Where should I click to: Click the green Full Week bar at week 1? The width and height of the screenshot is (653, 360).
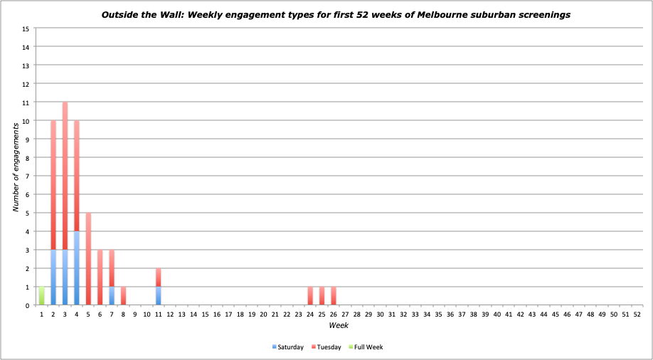pyautogui.click(x=41, y=296)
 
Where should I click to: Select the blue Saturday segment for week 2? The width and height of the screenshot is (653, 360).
pyautogui.click(x=53, y=277)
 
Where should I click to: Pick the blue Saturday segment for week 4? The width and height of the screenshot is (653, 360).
pyautogui.click(x=77, y=268)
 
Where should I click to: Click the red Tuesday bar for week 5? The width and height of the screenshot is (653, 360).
pyautogui.click(x=88, y=259)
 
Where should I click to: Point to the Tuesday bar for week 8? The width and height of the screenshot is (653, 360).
pyautogui.click(x=123, y=296)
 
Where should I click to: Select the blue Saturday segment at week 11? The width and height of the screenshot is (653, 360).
pyautogui.click(x=158, y=296)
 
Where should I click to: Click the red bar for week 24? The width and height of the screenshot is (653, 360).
pyautogui.click(x=310, y=296)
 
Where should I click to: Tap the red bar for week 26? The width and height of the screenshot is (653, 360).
pyautogui.click(x=334, y=296)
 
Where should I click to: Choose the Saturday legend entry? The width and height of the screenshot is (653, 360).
pyautogui.click(x=288, y=347)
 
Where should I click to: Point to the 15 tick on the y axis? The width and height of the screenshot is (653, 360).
pyautogui.click(x=26, y=28)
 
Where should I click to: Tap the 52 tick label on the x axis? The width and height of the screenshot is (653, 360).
pyautogui.click(x=637, y=314)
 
